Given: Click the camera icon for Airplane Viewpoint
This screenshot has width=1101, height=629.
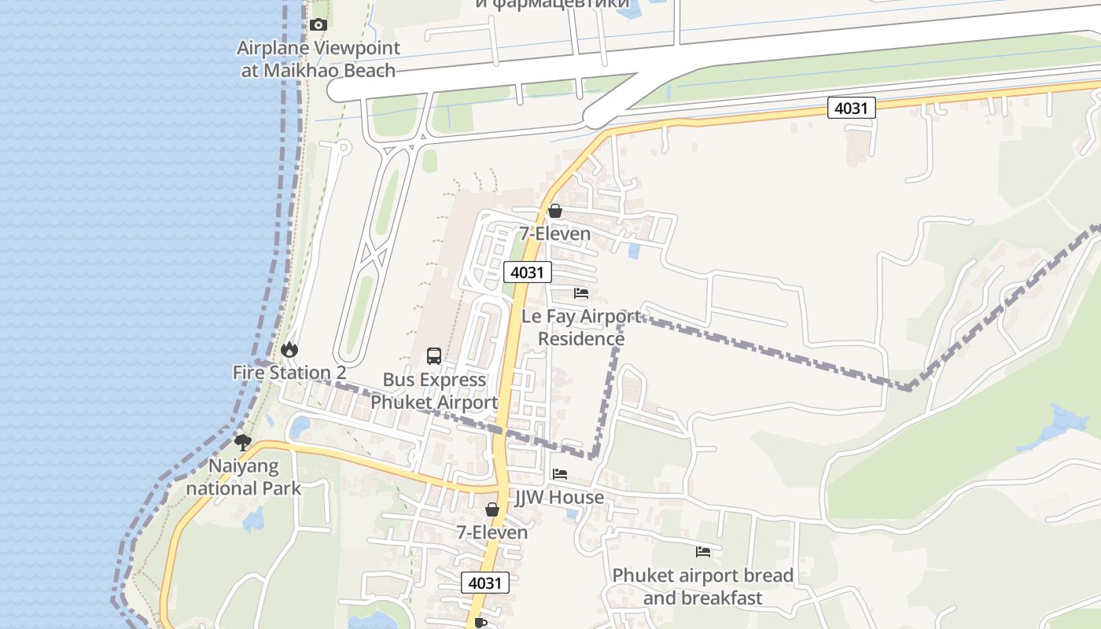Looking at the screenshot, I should click(x=319, y=25).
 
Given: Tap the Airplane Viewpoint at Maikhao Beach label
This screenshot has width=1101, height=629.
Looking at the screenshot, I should click(x=319, y=59).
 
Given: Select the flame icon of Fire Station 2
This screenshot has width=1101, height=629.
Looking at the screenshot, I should click(x=289, y=349).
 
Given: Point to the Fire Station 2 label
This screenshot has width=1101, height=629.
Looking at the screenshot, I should click(x=289, y=373).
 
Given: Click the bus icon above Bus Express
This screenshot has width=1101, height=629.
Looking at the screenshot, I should click(x=434, y=355).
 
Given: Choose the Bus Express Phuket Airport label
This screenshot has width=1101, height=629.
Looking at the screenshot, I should click(x=434, y=391).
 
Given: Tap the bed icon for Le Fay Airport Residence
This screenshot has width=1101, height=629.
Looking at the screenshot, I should click(x=581, y=293).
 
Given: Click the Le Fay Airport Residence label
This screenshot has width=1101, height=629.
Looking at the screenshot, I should click(x=581, y=328).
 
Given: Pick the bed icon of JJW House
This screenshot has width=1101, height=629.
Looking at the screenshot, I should click(x=560, y=474).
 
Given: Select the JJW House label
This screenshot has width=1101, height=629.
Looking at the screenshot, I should click(x=560, y=498).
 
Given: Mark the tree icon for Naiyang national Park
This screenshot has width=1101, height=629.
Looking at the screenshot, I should click(x=243, y=443).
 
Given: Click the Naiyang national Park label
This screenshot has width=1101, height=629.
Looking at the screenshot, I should click(x=244, y=477).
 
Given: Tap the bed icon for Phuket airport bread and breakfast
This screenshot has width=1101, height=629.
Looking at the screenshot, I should click(x=703, y=552).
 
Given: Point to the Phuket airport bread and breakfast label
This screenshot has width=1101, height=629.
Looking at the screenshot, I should click(x=703, y=587).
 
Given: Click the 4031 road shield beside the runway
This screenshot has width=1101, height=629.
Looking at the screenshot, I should click(x=851, y=108).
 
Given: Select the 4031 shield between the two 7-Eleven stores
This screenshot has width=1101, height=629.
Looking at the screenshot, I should click(x=528, y=272).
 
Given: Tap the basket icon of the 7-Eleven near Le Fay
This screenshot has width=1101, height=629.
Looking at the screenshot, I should click(x=555, y=211).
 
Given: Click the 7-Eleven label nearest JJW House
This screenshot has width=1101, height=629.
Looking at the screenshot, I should click(x=492, y=532).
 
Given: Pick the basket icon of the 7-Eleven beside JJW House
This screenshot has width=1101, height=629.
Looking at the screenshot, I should click(x=492, y=509).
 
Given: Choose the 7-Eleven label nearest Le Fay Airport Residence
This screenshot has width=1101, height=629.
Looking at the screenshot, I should click(x=555, y=234).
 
